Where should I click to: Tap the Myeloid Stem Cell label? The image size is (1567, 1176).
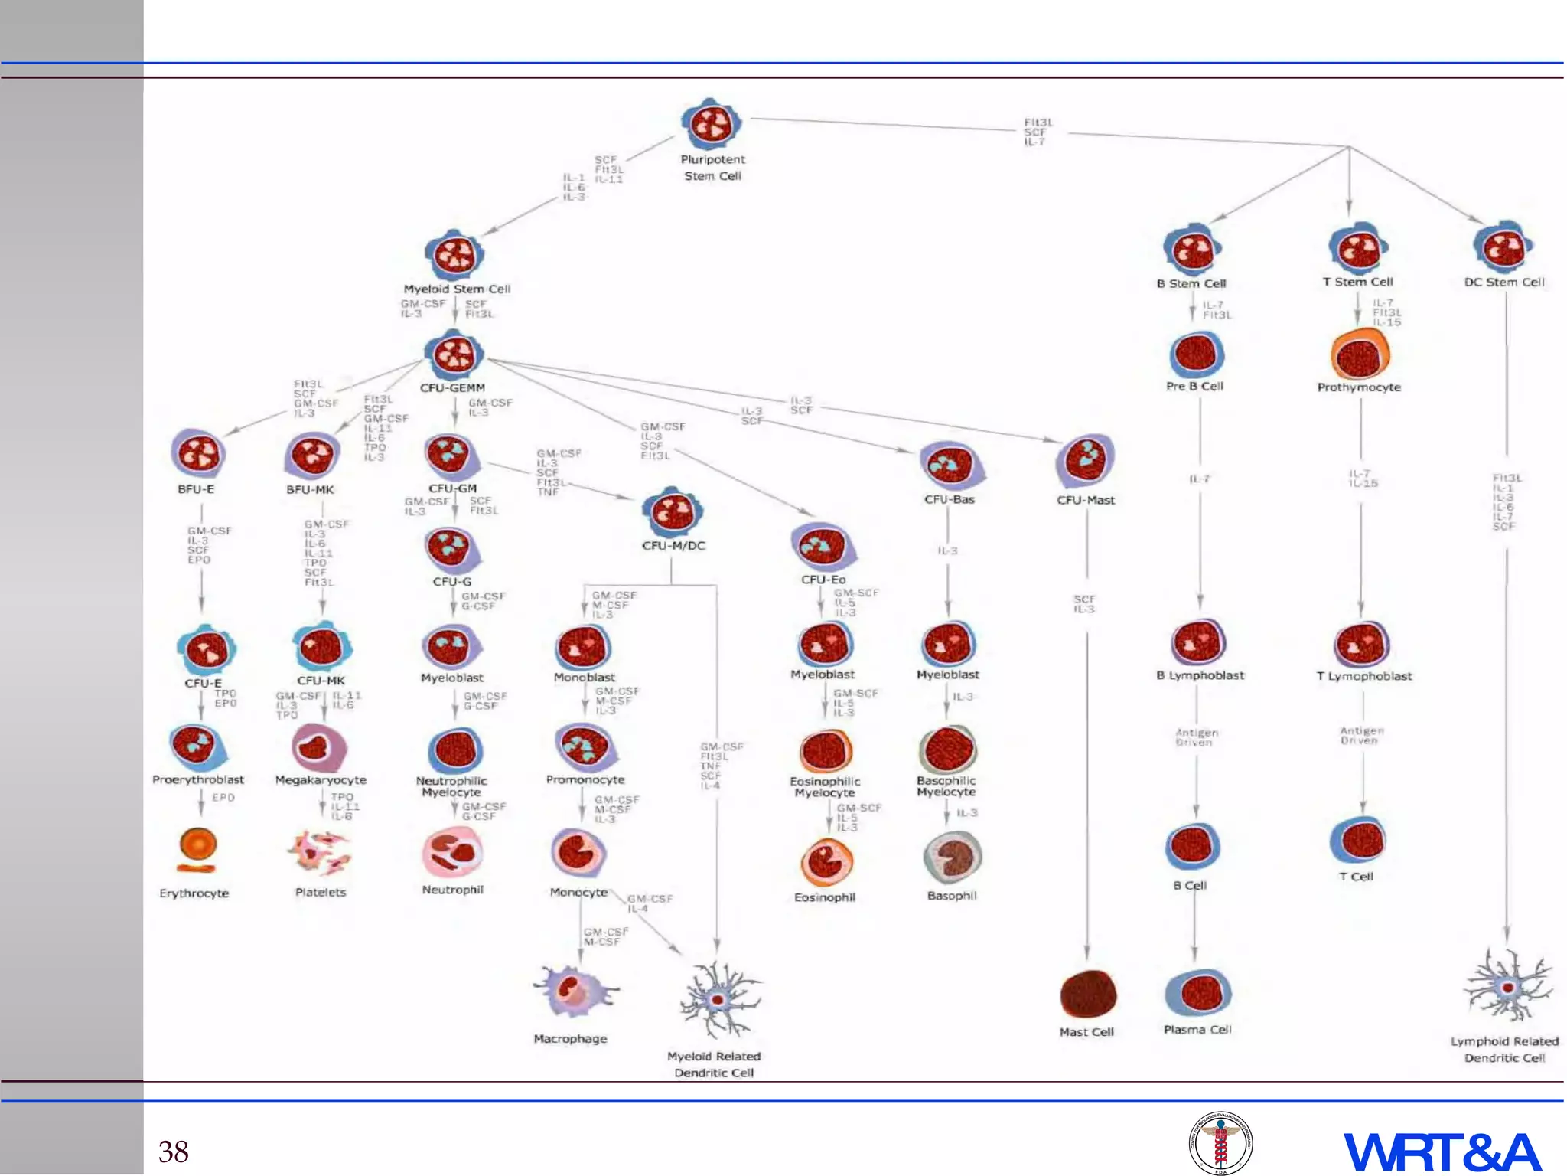457,289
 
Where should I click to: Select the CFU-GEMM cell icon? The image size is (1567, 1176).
454,354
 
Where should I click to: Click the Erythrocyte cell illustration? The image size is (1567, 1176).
197,850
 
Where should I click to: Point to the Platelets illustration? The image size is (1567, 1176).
320,852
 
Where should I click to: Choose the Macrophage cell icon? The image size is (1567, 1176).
574,992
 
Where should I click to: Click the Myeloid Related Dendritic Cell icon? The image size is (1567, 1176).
718,999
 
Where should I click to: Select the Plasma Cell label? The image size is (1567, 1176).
1197,1030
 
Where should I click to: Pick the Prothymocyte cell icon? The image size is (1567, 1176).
1360,354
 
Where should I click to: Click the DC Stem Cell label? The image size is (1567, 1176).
1504,282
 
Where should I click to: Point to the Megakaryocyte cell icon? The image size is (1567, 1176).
319,747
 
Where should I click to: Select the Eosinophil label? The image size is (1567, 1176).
825,897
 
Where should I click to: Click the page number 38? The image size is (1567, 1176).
174,1151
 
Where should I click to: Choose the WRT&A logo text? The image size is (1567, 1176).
1442,1151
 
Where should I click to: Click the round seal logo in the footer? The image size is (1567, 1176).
1220,1143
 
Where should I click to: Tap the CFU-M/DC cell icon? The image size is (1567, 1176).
673,511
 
